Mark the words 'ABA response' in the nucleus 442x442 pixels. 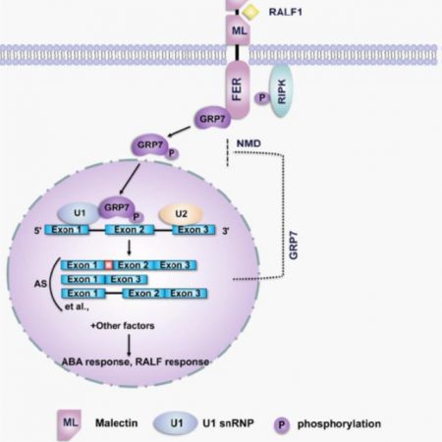point(93,362)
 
